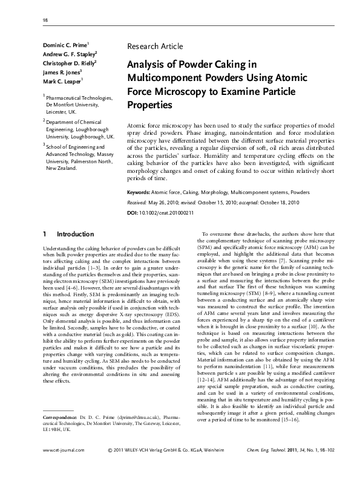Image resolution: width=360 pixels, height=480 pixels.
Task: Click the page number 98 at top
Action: [45, 21]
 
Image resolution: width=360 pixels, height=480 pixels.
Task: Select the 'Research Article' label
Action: [155, 46]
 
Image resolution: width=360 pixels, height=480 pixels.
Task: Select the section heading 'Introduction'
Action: [75, 234]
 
